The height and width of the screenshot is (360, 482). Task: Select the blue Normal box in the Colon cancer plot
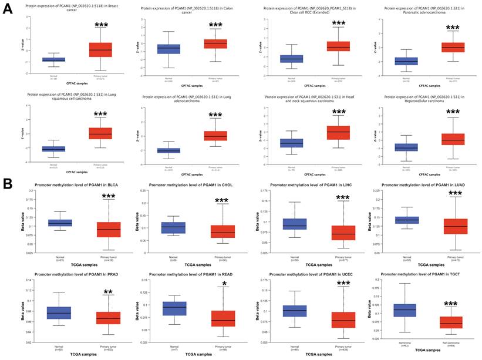(x=168, y=49)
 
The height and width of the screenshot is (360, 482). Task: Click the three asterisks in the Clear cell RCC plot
(x=338, y=24)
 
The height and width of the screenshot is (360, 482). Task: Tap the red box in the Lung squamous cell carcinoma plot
(x=100, y=133)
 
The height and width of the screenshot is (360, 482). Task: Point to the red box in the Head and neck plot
(x=338, y=132)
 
